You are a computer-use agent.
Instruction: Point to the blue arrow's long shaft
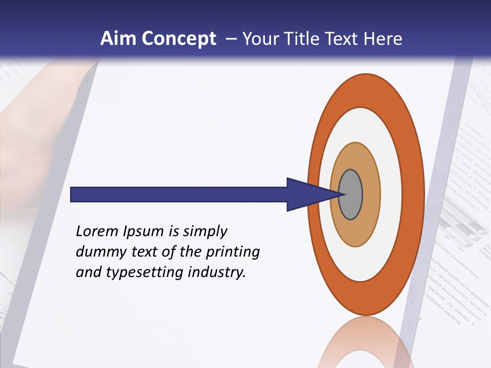(179, 195)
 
